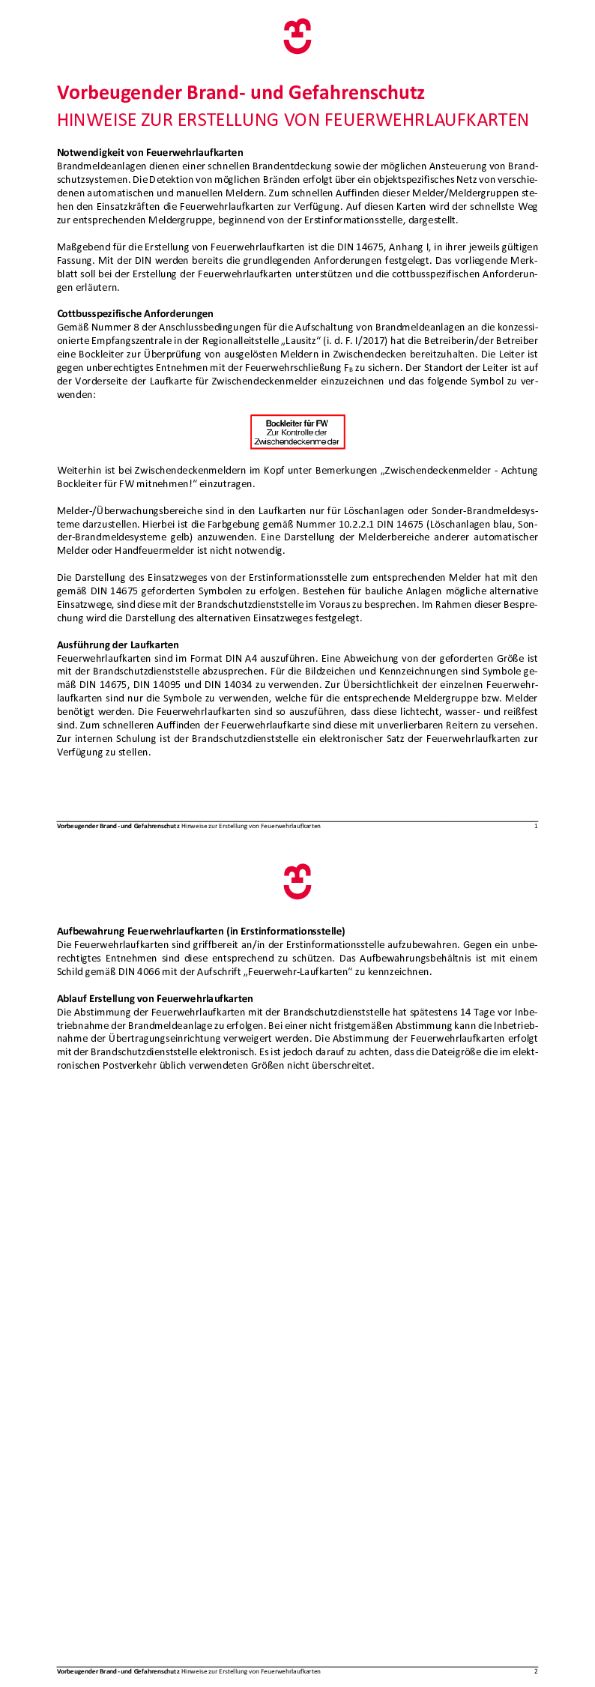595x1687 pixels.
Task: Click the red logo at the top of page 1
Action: tap(297, 37)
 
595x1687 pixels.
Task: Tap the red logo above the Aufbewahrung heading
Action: tap(297, 881)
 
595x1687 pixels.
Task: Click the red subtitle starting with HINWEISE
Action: tap(293, 120)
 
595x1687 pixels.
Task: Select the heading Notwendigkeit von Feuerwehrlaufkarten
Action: tap(150, 152)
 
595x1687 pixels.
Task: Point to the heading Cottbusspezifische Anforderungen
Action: tap(135, 313)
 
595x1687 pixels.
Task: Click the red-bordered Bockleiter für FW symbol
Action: tap(297, 432)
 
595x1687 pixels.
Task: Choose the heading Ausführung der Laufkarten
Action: tap(118, 645)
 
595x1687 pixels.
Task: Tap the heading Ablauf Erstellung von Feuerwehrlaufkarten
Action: tap(154, 998)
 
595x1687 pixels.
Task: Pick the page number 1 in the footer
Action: tap(536, 826)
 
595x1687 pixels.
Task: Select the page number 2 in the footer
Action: tap(536, 1671)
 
